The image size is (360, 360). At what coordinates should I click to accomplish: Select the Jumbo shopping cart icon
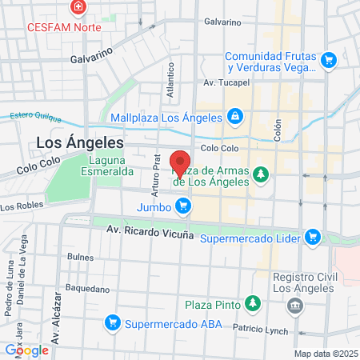[x=183, y=206]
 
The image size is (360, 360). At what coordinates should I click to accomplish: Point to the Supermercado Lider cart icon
[x=313, y=237]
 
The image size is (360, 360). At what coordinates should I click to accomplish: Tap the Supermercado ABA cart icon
[x=112, y=322]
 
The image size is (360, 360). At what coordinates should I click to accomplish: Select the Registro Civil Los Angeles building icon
[x=296, y=305]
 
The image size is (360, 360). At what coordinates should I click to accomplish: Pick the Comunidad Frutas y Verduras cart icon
[x=326, y=60]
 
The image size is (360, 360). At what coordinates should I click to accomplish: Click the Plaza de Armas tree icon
[x=260, y=174]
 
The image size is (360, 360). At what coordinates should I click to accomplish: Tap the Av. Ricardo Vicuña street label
[x=151, y=231]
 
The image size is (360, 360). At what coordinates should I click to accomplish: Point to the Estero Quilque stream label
[x=35, y=116]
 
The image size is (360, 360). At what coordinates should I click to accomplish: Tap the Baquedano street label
[x=86, y=288]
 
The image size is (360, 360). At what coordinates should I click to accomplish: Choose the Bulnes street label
[x=81, y=257]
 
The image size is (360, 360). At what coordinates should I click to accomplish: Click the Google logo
[x=26, y=350]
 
